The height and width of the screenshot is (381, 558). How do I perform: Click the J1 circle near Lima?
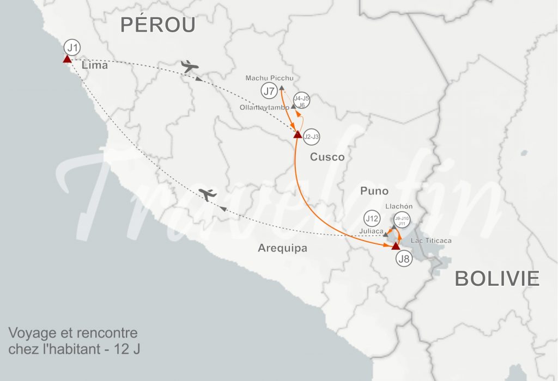point(72,47)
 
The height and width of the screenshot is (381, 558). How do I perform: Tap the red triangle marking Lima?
point(66,59)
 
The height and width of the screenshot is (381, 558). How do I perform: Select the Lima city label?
point(94,66)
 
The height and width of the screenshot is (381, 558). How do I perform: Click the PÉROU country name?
point(157,25)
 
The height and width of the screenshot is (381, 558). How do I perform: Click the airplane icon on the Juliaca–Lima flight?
point(208,194)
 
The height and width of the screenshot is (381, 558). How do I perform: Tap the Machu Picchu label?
point(269,78)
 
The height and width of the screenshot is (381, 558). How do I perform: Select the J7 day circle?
point(269,91)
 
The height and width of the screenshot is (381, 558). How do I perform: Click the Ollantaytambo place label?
point(264,108)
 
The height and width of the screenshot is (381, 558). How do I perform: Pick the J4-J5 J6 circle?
point(301,101)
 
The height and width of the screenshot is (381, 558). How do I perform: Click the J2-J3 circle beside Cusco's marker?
point(312,136)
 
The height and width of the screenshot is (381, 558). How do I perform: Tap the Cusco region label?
point(327,157)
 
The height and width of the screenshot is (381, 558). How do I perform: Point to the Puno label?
point(374,191)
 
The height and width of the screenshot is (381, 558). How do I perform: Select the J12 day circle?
point(372,219)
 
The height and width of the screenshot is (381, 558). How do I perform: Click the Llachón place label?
point(399,207)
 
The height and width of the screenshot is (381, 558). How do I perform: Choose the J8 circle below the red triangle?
point(404,260)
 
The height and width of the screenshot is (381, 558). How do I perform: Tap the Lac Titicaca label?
point(431,241)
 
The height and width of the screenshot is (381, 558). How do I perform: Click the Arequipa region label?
point(282,249)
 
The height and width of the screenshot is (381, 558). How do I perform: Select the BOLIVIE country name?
point(497,279)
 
